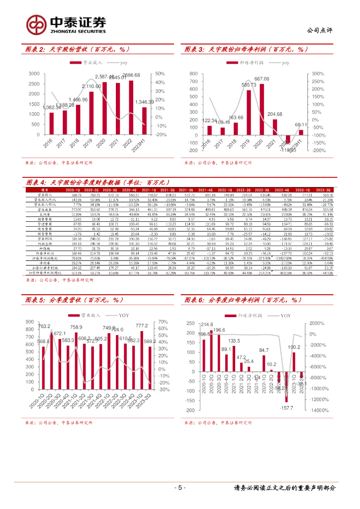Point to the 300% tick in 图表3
(x=318, y=74)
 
